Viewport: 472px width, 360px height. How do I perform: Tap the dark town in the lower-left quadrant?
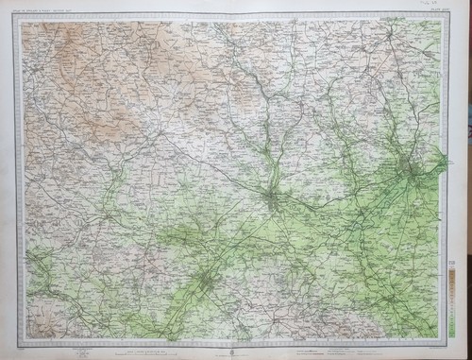click(x=206, y=279)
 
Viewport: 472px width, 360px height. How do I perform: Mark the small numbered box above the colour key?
click(x=455, y=249)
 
